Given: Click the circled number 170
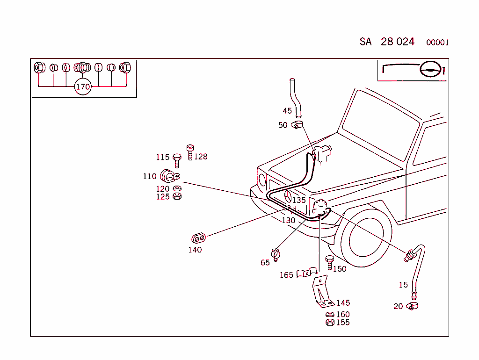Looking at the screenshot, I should (83, 87).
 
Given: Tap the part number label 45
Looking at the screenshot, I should (287, 111).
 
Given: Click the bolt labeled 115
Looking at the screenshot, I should (177, 159).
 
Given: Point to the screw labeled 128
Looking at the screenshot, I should (190, 152).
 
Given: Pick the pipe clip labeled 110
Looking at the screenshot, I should (169, 176).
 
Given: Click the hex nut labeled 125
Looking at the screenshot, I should (177, 196).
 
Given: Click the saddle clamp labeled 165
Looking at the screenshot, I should (305, 273).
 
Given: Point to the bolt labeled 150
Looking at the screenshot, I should (329, 263).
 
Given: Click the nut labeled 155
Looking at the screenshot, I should (329, 323).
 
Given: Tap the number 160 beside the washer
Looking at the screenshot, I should (343, 315).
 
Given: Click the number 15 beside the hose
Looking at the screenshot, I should (403, 285).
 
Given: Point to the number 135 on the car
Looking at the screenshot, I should (299, 200).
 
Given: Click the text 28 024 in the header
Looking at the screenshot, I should (398, 42).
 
